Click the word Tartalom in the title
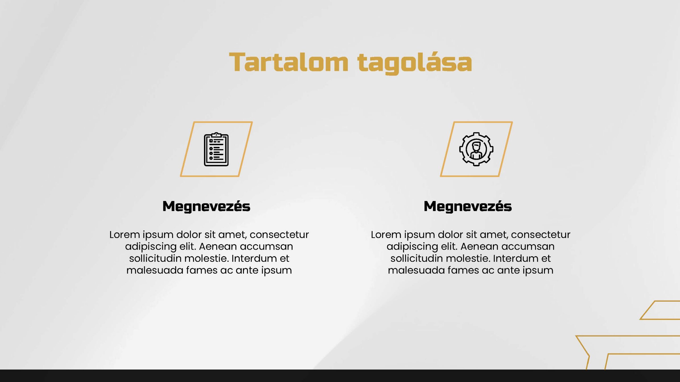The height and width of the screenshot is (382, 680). (x=288, y=62)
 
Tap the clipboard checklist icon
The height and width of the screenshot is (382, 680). (x=216, y=149)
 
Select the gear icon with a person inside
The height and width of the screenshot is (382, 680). (x=476, y=149)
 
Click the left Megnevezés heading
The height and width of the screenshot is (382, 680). (x=206, y=206)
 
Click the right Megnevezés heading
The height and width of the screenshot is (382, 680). (x=468, y=206)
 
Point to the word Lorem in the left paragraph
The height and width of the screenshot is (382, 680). (x=125, y=235)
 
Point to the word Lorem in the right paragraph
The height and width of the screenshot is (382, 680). (x=386, y=235)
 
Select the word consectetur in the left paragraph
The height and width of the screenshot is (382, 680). (x=279, y=235)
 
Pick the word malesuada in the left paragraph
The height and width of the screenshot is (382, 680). (x=155, y=270)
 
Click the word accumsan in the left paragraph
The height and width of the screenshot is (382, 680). (x=266, y=247)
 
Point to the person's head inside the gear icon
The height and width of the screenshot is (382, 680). (x=476, y=146)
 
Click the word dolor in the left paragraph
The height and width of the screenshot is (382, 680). (x=189, y=235)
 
